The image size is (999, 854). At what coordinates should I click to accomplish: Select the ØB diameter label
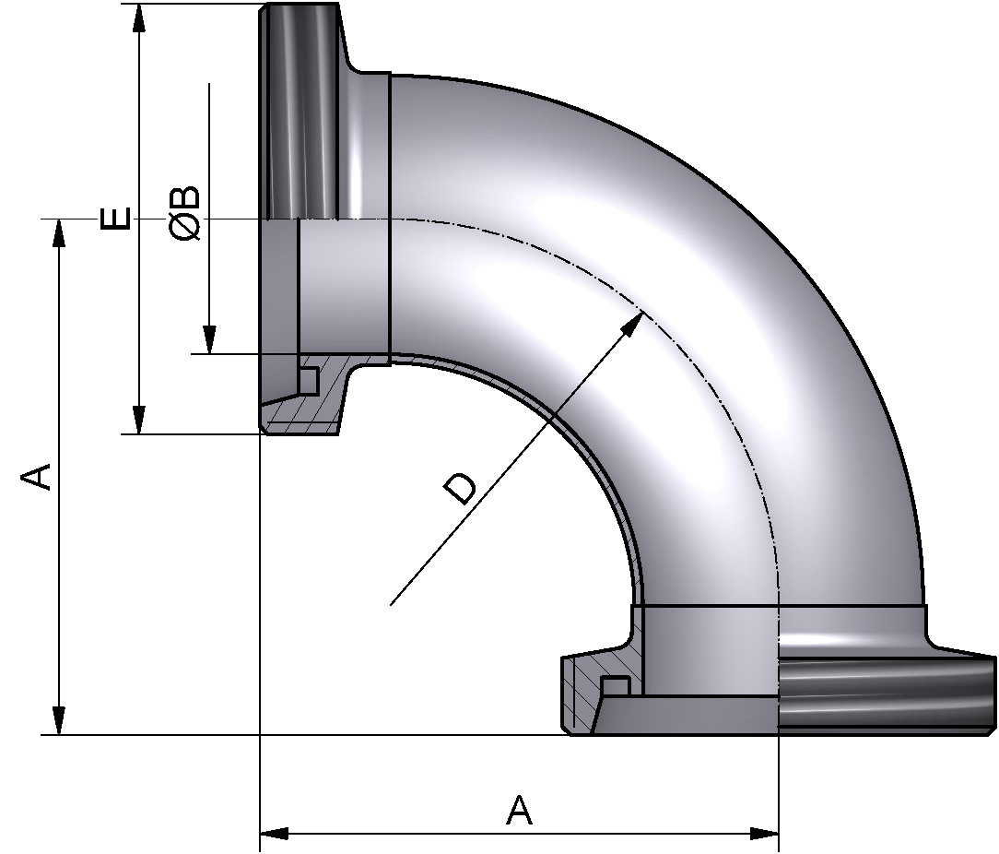pos(185,214)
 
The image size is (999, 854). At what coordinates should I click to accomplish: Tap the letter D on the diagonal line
pos(460,488)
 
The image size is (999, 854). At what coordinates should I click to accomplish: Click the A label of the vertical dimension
pos(36,477)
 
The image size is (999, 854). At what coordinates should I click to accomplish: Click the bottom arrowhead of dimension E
pos(138,420)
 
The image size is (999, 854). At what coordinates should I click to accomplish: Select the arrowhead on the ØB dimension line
pos(210,339)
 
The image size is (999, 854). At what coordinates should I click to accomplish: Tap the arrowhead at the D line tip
pos(633,322)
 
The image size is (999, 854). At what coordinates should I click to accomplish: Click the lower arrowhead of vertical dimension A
pos(60,720)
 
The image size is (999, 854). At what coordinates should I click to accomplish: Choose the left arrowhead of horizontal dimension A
pos(275,834)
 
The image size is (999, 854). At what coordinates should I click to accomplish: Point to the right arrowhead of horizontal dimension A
pos(764,834)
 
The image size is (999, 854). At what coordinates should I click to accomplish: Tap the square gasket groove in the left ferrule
pos(309,380)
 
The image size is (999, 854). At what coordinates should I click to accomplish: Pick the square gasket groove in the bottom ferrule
pos(616,686)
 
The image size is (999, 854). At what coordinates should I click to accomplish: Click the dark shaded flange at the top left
pos(302,111)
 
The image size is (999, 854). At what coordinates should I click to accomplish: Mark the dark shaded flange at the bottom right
pos(885,696)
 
